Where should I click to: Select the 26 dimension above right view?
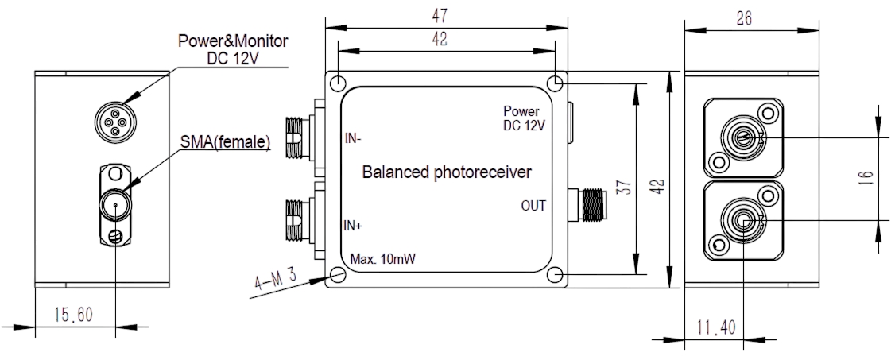tap(745, 17)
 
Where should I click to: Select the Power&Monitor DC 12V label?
tap(232, 48)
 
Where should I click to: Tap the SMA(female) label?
tap(225, 143)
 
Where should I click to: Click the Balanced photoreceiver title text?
tap(447, 172)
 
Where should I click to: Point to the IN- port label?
tap(353, 137)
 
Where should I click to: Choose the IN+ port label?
tap(354, 226)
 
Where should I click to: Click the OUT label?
tap(533, 206)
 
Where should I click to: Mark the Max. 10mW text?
tap(385, 260)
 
